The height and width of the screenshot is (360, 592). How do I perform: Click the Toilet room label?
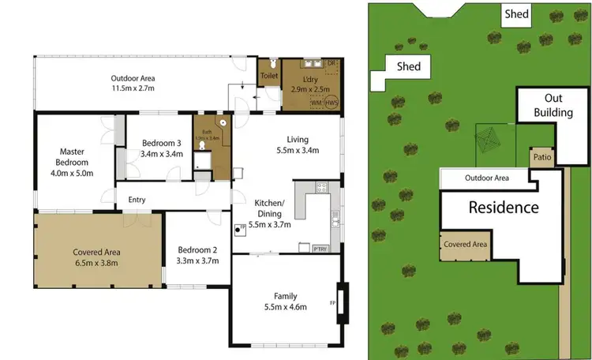[269, 76]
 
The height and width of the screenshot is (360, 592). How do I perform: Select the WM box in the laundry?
[316, 102]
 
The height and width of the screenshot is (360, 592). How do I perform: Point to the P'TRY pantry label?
[320, 248]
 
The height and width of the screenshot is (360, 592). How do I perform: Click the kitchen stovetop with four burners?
[321, 188]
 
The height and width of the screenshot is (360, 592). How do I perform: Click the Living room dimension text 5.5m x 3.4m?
[297, 150]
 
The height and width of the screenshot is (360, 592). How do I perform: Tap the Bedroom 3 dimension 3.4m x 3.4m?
[162, 154]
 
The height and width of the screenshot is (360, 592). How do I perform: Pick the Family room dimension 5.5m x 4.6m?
[285, 306]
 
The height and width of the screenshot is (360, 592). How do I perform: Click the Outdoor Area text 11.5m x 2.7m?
[132, 89]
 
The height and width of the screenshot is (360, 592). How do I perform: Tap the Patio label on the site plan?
[541, 157]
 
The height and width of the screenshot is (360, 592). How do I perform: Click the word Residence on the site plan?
[504, 208]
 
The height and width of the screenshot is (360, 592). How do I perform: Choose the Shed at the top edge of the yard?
[517, 14]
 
